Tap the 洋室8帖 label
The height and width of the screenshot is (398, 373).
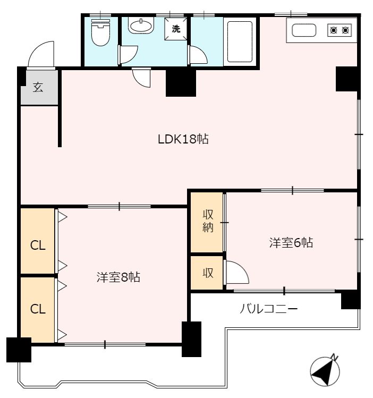(118, 277)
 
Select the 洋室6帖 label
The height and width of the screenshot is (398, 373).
(291, 243)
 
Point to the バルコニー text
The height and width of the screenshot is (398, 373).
(269, 308)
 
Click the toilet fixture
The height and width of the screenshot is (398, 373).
(99, 33)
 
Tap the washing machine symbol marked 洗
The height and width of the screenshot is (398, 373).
(176, 29)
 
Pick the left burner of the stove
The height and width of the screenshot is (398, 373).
(334, 30)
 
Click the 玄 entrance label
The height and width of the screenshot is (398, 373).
(38, 87)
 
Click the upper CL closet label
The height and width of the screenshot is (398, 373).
(37, 245)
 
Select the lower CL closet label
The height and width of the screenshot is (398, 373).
(37, 309)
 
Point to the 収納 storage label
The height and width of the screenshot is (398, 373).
(207, 222)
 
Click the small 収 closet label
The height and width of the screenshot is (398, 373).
(207, 273)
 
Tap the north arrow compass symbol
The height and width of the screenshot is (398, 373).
(325, 370)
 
